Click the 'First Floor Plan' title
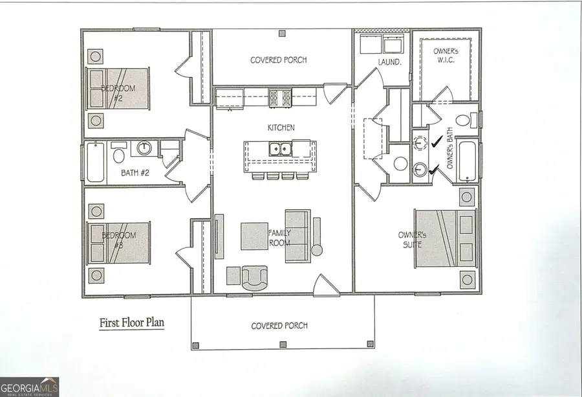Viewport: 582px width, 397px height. click(131, 323)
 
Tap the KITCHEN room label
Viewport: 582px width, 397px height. click(281, 128)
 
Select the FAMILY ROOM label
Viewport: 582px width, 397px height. click(279, 238)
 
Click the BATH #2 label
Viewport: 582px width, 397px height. click(136, 173)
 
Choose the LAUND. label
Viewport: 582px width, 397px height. click(372, 62)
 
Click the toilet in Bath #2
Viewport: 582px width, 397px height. click(119, 154)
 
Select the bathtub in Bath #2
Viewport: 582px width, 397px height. click(95, 162)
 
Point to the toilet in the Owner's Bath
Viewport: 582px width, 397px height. click(463, 120)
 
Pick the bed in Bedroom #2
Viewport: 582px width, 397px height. click(118, 88)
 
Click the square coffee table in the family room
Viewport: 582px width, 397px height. click(253, 236)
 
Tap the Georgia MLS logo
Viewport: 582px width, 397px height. click(30, 386)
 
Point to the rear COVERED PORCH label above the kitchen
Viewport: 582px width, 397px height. click(278, 60)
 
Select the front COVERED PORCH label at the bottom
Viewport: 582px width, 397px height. click(279, 326)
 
